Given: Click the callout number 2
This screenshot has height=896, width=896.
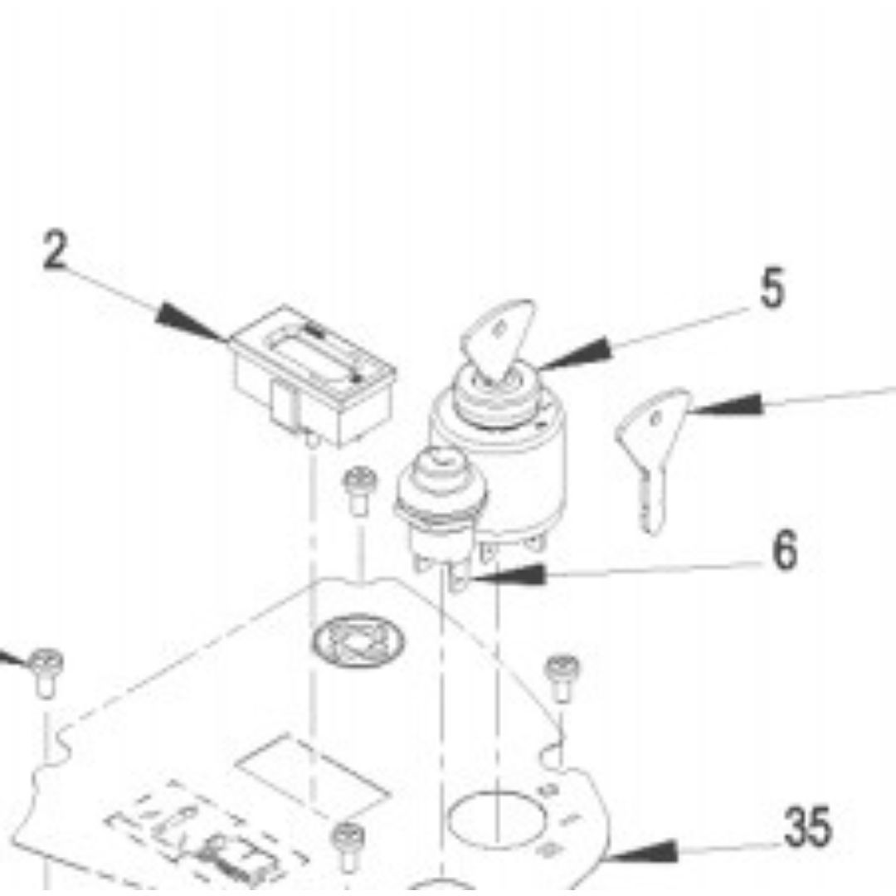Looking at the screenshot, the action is [56, 250].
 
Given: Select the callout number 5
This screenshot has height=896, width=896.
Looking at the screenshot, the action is [772, 288].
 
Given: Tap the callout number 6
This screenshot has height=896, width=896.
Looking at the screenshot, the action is [785, 550].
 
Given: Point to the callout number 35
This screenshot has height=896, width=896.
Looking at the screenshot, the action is [807, 826].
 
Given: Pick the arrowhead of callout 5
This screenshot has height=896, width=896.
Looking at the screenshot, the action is [574, 354].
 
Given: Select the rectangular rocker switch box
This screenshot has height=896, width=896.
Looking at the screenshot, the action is [314, 376].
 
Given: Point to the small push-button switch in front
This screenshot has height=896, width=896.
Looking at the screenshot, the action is [440, 509].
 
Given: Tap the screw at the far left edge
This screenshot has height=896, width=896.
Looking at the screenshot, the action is [46, 673].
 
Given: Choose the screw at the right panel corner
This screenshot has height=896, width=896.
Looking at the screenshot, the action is [562, 679].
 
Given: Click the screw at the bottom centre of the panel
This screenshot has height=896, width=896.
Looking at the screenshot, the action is [348, 847].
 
